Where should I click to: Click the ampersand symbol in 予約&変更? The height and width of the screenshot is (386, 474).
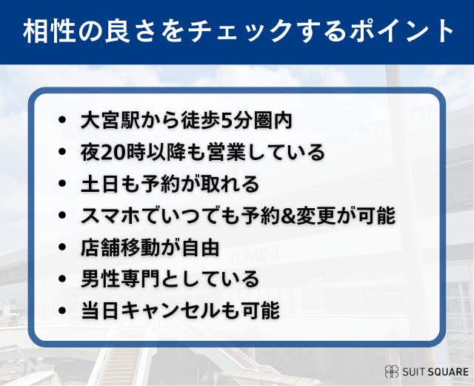point(290,216)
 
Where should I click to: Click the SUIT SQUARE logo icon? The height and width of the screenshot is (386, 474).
point(391,371)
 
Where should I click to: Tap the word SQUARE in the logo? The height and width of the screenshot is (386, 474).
point(447,371)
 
